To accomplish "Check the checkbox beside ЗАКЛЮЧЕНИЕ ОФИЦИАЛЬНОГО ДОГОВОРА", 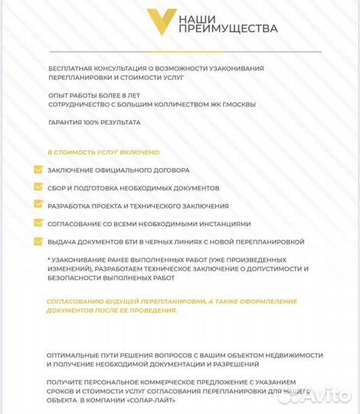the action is pos(38,169).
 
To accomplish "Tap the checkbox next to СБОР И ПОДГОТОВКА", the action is pos(38,188).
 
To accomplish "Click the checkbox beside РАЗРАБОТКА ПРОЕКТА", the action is pos(38,205).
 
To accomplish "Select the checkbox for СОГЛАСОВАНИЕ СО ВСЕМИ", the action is pos(38,224).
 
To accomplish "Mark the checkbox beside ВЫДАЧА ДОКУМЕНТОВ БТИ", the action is pos(38,242).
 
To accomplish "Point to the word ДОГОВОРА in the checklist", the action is pos(171,169).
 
